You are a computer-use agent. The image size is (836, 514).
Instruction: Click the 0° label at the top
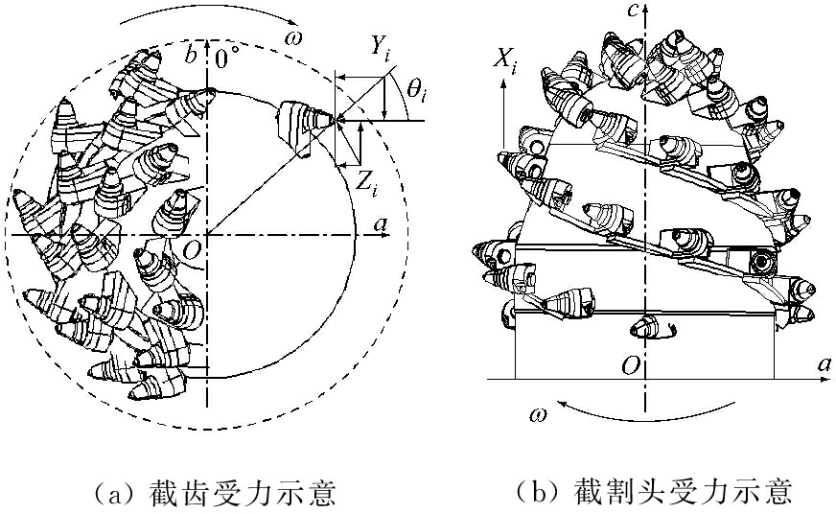[x=226, y=58]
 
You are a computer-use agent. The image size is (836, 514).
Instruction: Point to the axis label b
[x=192, y=56]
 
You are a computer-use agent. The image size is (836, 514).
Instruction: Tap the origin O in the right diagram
[x=630, y=363]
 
